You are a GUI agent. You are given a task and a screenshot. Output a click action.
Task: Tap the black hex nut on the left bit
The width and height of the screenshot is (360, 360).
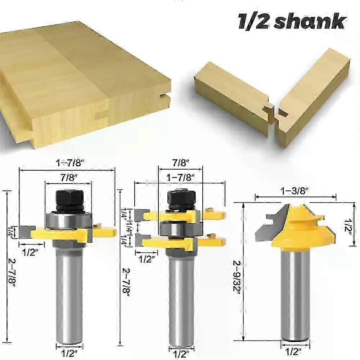(x=69, y=198)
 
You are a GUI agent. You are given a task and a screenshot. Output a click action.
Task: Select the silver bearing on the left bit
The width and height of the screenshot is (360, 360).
(x=68, y=220)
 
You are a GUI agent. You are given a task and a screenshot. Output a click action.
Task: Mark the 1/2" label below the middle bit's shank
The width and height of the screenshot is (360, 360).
(x=182, y=350)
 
